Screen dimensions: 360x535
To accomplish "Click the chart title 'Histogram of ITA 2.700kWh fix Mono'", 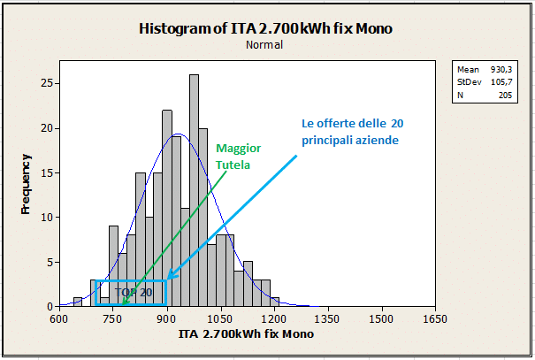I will [x=265, y=28].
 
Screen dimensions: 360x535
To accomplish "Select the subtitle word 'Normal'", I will [x=265, y=44].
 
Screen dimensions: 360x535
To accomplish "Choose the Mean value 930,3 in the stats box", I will [x=501, y=69].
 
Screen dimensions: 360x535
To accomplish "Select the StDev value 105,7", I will [x=501, y=81].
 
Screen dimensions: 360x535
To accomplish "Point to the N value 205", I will [x=505, y=95].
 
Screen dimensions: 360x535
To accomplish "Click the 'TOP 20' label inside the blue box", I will [x=134, y=292].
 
